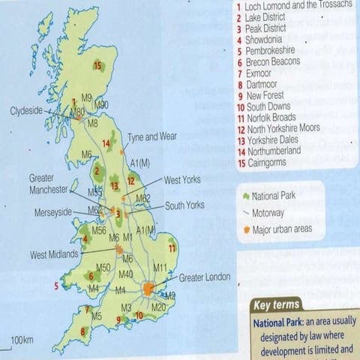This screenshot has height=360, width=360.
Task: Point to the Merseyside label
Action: tap(52, 212)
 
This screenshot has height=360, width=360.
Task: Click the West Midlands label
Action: tap(53, 255)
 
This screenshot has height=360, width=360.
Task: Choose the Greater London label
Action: tap(205, 277)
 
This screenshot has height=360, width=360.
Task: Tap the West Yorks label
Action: tap(183, 180)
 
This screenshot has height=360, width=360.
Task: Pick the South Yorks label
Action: tap(185, 205)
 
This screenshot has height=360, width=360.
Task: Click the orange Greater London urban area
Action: tap(150, 288)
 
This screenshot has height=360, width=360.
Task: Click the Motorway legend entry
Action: tap(272, 212)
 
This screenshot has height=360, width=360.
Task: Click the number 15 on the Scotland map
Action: tap(97, 67)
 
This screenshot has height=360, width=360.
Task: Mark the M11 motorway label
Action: tap(160, 268)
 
